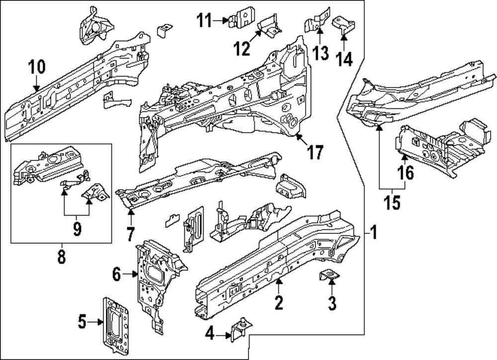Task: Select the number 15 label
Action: pyautogui.click(x=392, y=203)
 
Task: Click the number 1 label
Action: pyautogui.click(x=374, y=231)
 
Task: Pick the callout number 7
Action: pyautogui.click(x=131, y=232)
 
